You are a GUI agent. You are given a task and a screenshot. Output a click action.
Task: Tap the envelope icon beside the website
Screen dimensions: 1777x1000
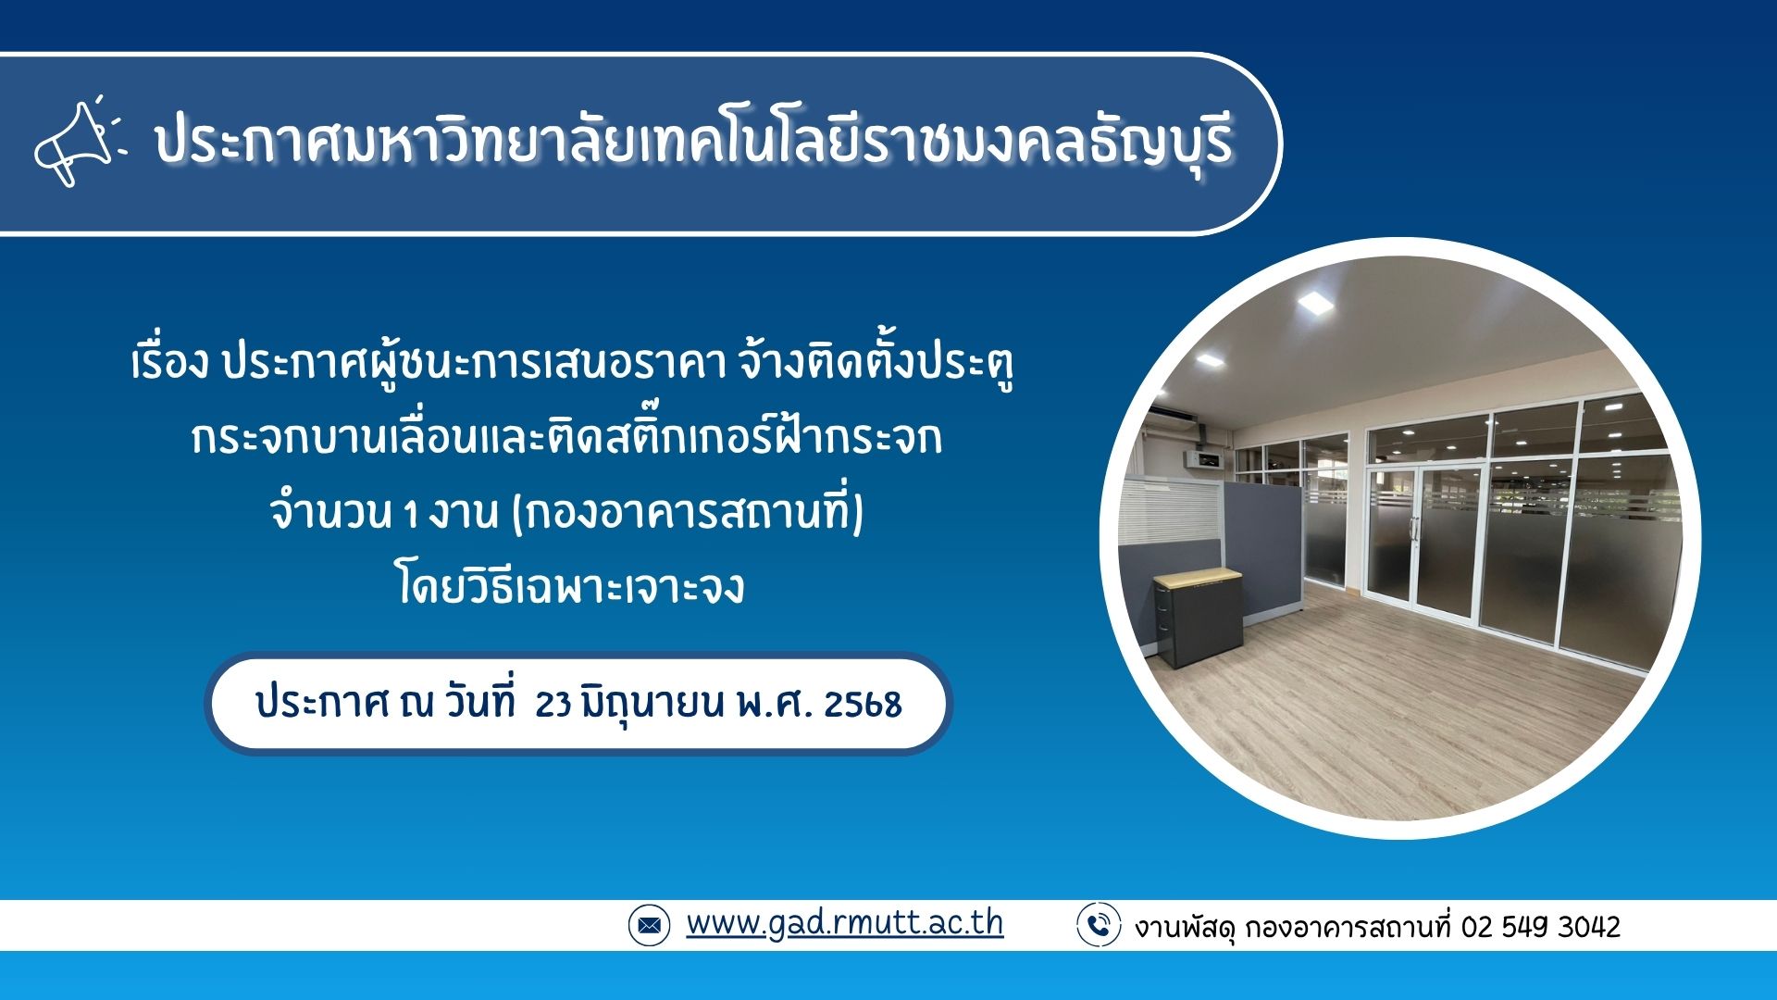click(649, 925)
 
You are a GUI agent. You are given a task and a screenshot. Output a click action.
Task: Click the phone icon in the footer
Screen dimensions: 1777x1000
click(1099, 925)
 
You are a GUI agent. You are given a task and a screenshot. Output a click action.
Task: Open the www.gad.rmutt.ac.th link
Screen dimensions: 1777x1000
click(844, 923)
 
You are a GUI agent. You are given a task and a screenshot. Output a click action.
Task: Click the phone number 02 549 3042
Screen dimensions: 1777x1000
click(1541, 927)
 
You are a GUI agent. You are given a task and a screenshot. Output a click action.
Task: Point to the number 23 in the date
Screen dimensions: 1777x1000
click(553, 705)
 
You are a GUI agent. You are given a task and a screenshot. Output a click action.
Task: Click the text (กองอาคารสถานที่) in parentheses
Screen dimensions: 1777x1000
click(687, 513)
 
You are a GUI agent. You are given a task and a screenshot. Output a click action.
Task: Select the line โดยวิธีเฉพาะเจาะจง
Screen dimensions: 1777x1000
click(571, 587)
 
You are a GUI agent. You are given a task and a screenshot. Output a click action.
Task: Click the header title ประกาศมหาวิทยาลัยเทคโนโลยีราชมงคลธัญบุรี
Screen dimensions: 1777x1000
click(694, 143)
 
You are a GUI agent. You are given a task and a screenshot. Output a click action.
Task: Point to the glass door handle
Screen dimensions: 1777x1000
click(1413, 529)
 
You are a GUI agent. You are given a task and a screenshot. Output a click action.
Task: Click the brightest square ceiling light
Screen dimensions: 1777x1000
click(1313, 302)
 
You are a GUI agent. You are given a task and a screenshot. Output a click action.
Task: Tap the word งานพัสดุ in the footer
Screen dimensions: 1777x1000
click(1186, 927)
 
